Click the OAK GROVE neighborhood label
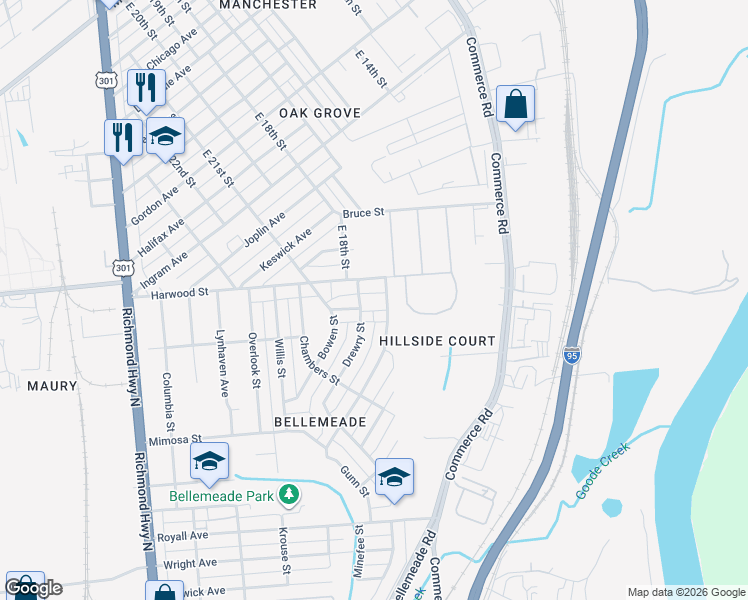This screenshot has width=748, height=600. coord(319,113)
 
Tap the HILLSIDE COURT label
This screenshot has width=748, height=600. coord(437,341)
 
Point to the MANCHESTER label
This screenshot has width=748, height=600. coord(267,5)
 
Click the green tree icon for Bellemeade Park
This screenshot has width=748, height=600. coord(289,494)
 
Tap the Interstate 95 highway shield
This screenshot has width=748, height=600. coord(571,356)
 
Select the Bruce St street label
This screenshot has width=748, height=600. coord(363,213)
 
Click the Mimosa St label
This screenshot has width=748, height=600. coord(174,439)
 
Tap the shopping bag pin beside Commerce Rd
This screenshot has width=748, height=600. coord(515,104)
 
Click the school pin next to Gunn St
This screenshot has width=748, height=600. coord(394,477)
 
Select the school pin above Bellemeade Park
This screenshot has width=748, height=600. coord(209,461)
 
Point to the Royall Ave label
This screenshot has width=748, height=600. coord(182,536)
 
